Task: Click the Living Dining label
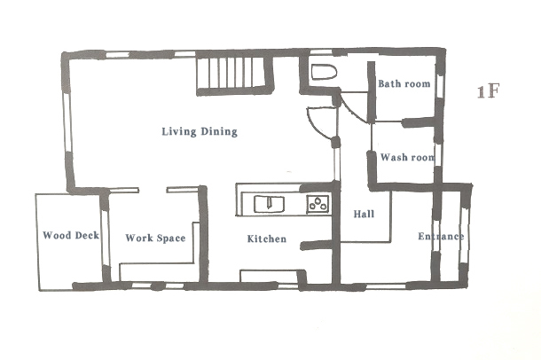click(200, 132)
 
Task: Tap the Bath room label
click(404, 83)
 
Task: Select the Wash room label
click(407, 158)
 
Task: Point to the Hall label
click(364, 215)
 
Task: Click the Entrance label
click(441, 236)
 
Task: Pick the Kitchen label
click(267, 239)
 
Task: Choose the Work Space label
click(155, 238)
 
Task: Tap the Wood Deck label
click(71, 235)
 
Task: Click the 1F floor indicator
click(488, 91)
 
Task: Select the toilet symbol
click(324, 73)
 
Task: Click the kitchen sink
click(269, 204)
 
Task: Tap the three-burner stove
click(318, 203)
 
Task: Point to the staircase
click(235, 75)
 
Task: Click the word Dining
click(219, 132)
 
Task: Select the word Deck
click(87, 235)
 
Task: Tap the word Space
click(170, 239)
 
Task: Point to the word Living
click(179, 132)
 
